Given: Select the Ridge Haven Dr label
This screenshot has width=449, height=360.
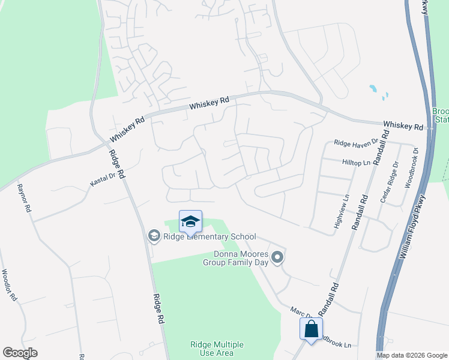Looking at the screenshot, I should (356, 143).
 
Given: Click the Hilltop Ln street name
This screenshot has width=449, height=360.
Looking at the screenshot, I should (357, 163).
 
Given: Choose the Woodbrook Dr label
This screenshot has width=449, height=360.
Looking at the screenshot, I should (411, 169).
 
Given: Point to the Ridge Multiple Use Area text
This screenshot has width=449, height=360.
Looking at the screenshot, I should (217, 349).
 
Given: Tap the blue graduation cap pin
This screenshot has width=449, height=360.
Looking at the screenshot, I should (190, 221).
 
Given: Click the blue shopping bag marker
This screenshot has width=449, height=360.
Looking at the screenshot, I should (311, 329).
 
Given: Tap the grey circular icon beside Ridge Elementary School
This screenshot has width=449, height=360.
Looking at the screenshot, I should (154, 236).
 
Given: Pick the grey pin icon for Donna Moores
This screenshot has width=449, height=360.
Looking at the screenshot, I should (277, 258).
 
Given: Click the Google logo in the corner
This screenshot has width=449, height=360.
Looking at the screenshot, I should (20, 353).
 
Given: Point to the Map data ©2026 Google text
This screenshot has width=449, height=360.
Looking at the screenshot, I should (412, 355).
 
